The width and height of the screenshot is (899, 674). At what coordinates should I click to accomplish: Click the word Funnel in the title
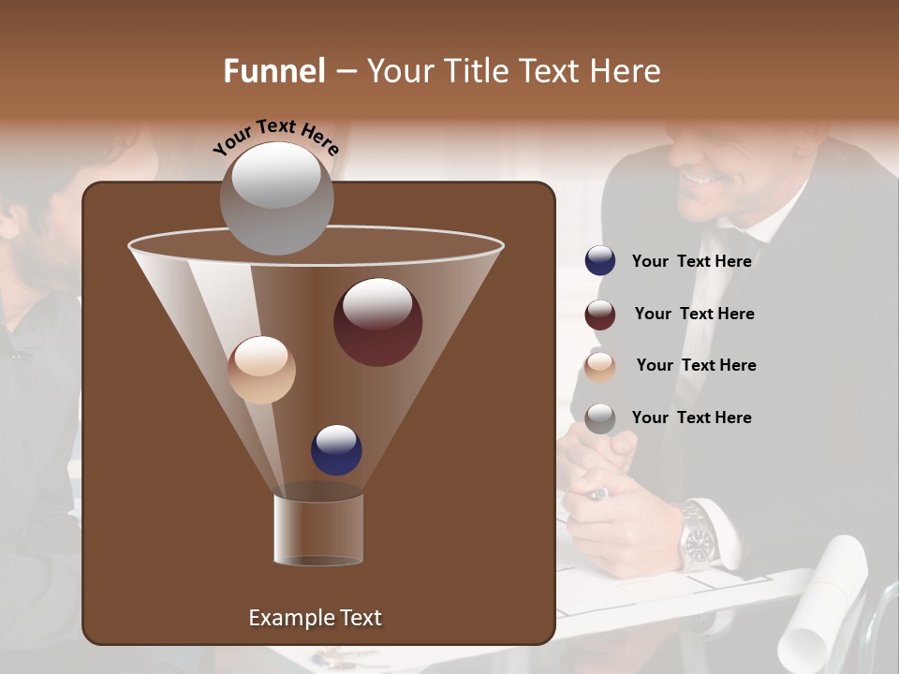pos(273,71)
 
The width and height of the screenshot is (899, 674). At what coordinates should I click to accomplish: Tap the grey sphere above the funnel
pos(276,198)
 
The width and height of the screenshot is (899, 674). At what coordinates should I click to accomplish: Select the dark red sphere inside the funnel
pos(377,322)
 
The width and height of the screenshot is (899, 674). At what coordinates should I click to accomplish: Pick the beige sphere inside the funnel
pos(261,370)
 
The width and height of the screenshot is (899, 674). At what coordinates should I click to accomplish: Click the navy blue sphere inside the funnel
pos(336,450)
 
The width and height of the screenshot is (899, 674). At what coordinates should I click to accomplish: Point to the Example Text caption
pos(315,618)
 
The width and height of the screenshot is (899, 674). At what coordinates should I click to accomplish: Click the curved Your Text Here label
pos(275,136)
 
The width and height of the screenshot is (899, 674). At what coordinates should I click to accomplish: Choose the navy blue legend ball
pos(600,261)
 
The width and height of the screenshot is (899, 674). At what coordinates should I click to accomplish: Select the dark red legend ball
pos(600,315)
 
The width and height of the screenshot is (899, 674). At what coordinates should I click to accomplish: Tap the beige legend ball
pos(600,366)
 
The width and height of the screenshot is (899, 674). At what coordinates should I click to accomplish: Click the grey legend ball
pos(600,418)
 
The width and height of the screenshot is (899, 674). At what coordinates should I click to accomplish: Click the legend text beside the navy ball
pos(691,262)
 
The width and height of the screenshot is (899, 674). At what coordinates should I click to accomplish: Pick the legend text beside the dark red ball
pos(694,315)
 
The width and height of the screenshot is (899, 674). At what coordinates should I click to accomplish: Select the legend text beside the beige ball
pos(696,366)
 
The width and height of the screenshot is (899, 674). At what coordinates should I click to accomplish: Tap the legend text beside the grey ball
pos(691,418)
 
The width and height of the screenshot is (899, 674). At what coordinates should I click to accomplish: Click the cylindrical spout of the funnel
pos(318,529)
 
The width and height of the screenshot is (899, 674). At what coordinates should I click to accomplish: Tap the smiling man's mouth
pos(698,175)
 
